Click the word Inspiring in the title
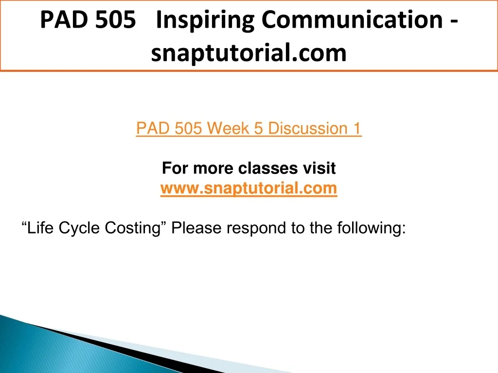coord(205,20)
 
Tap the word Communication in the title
coord(352,19)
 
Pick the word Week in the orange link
coord(229,128)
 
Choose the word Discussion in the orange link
coord(307,128)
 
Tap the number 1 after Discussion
coord(357,128)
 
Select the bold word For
coord(175,168)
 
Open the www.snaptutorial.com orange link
coord(249,188)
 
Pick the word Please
coord(196,228)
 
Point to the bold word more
coord(213,168)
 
